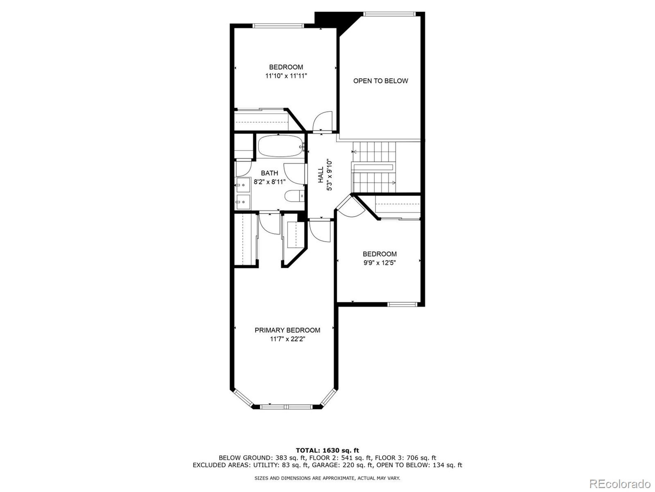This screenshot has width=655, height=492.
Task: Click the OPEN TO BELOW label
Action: click(380, 81)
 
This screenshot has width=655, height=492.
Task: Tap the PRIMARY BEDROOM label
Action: click(287, 330)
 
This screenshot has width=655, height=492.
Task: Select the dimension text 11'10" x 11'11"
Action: click(286, 76)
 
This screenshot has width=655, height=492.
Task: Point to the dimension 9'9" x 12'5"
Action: click(380, 263)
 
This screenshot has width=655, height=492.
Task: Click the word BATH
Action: click(269, 173)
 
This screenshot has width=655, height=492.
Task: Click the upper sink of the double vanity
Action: click(243, 185)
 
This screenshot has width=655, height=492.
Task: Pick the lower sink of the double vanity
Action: click(243, 202)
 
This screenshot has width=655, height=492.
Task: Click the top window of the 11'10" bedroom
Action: click(279, 26)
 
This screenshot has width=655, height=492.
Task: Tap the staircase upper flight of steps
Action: click(374, 152)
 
